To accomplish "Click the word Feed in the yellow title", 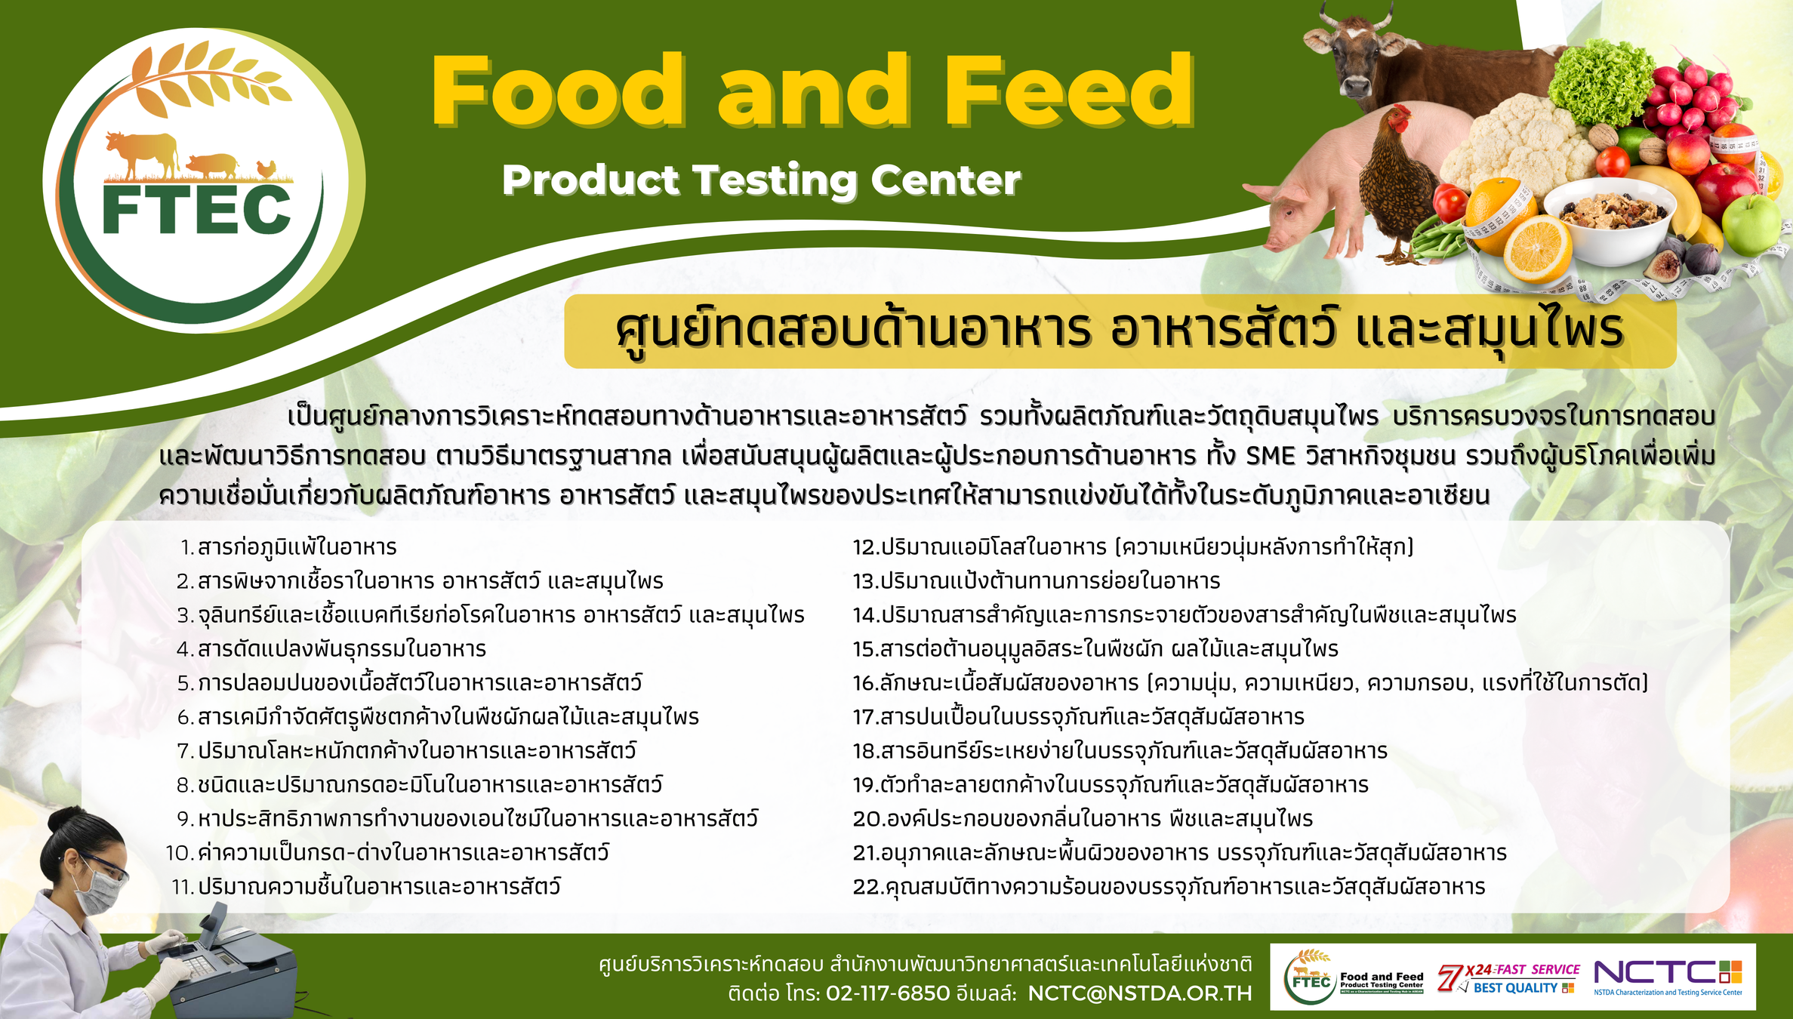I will tap(1068, 91).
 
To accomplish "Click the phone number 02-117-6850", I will tap(888, 993).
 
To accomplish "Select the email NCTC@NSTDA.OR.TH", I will tap(1139, 993).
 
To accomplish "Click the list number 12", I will tap(865, 547).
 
